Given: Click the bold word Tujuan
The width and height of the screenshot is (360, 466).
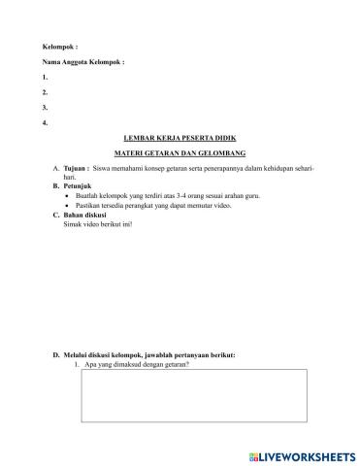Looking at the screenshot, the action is tap(75, 170).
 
